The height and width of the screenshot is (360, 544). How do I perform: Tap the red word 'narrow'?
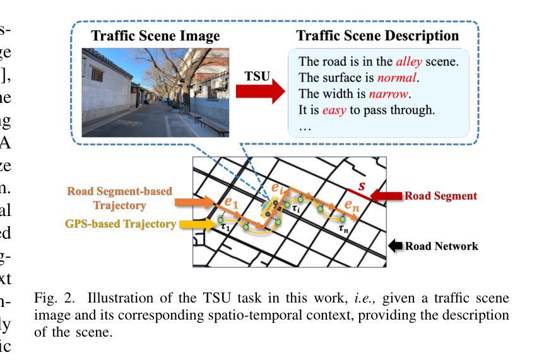(x=391, y=95)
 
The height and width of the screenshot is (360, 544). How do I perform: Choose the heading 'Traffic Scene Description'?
(x=377, y=36)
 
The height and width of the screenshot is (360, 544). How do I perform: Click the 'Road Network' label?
(x=441, y=246)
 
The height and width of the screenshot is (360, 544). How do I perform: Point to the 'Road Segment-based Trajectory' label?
(x=119, y=198)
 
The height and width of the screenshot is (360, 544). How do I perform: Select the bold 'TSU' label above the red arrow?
(x=257, y=76)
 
